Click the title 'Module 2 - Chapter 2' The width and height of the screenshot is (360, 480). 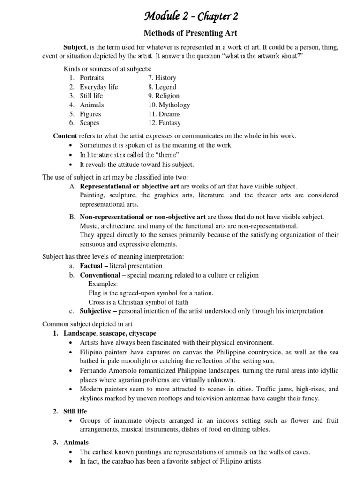tap(190, 16)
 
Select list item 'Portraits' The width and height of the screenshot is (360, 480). tap(92, 78)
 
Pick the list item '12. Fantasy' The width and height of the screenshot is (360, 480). tap(164, 123)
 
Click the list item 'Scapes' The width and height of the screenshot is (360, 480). tap(90, 123)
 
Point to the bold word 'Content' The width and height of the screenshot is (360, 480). tap(65, 136)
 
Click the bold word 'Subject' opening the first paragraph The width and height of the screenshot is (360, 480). tap(75, 47)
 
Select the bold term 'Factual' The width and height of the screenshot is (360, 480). tap(91, 266)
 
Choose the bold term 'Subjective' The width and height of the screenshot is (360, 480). tap(95, 311)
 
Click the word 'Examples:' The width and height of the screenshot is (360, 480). tap(103, 284)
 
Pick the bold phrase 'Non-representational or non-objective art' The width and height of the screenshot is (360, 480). tap(143, 217)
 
